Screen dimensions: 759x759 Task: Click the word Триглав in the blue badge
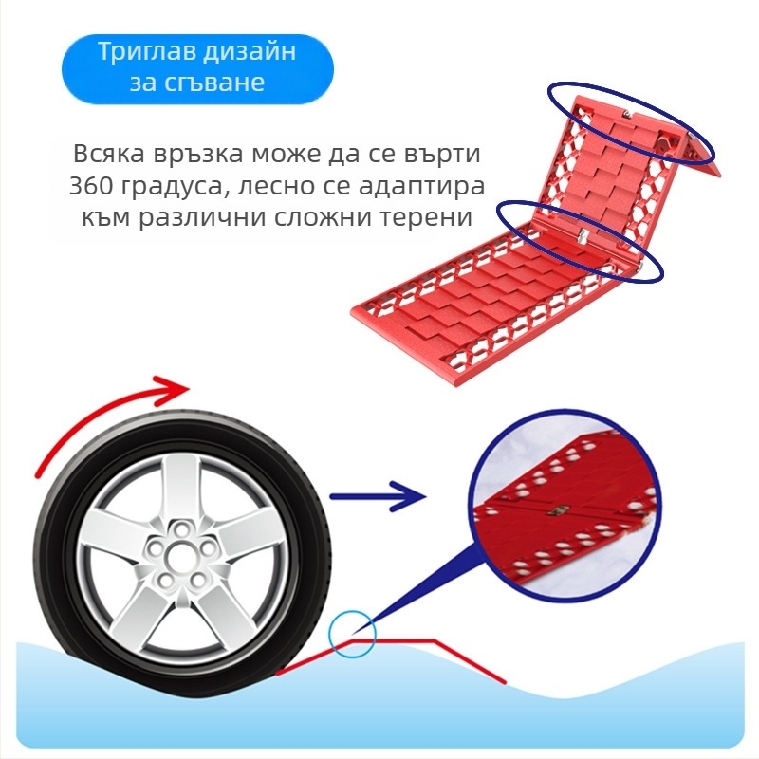[146, 52]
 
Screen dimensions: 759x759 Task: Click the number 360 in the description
[89, 185]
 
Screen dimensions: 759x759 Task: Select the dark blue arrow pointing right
[378, 496]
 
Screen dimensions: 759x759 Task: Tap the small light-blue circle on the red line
[352, 634]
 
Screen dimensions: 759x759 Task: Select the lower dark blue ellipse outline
[581, 242]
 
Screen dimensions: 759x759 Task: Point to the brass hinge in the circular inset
[563, 509]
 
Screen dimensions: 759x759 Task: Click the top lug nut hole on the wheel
[182, 530]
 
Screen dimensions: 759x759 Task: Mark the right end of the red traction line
[506, 683]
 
